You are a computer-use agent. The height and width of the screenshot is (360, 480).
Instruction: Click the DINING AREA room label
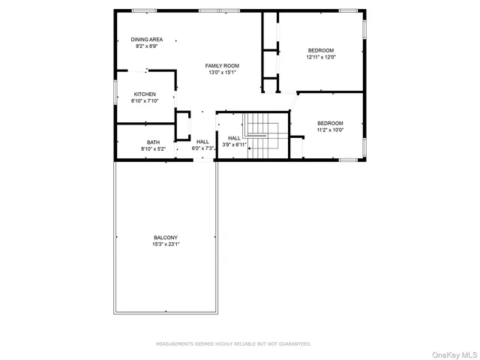tap(147, 39)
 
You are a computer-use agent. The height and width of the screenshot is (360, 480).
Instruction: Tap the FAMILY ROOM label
tap(222, 66)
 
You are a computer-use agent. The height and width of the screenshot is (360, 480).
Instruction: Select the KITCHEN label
tap(145, 94)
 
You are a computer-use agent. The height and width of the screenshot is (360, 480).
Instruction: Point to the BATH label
tap(153, 142)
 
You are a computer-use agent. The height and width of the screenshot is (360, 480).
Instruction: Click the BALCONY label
tap(166, 238)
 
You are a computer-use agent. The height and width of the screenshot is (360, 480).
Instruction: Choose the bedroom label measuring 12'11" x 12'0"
tap(321, 50)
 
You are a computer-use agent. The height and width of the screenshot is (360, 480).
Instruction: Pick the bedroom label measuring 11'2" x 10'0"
tap(330, 123)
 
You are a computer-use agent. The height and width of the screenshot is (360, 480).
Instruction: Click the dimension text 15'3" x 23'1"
tap(166, 244)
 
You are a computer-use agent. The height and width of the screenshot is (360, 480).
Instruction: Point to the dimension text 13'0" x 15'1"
tap(222, 73)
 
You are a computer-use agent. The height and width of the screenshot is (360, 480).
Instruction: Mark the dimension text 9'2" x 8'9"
tap(147, 46)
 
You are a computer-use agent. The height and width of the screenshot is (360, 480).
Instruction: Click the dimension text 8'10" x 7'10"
tap(145, 100)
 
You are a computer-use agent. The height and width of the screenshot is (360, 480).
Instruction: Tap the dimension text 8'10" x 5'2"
tap(153, 149)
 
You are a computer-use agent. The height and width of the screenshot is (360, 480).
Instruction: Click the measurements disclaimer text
tap(233, 343)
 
